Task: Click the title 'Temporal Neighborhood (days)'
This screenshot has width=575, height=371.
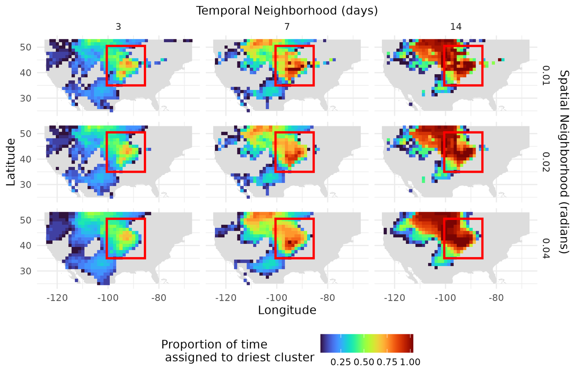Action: pyautogui.click(x=287, y=11)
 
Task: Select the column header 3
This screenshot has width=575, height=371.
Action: pyautogui.click(x=118, y=27)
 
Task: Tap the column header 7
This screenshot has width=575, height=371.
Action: pyautogui.click(x=287, y=27)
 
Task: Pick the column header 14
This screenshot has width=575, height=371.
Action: pyautogui.click(x=456, y=27)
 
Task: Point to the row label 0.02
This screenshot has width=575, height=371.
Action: pyautogui.click(x=546, y=162)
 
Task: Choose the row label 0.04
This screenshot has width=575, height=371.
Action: pyautogui.click(x=546, y=248)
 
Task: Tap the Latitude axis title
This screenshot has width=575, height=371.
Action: pyautogui.click(x=11, y=162)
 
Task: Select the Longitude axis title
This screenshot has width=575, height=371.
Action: pyautogui.click(x=287, y=310)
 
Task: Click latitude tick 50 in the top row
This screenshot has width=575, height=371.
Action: pyautogui.click(x=26, y=47)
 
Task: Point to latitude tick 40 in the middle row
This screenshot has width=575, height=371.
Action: pyautogui.click(x=26, y=159)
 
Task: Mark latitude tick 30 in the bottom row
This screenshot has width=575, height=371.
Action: pyautogui.click(x=26, y=271)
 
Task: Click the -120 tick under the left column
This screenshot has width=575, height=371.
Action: pyautogui.click(x=57, y=297)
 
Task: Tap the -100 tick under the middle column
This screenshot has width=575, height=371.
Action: pyautogui.click(x=276, y=297)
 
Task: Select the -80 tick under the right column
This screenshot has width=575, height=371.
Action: pyautogui.click(x=496, y=297)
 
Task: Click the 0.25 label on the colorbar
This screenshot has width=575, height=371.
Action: pyautogui.click(x=340, y=362)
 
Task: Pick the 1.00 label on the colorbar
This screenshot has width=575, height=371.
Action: pyautogui.click(x=410, y=362)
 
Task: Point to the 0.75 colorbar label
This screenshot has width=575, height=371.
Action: pyautogui.click(x=387, y=362)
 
